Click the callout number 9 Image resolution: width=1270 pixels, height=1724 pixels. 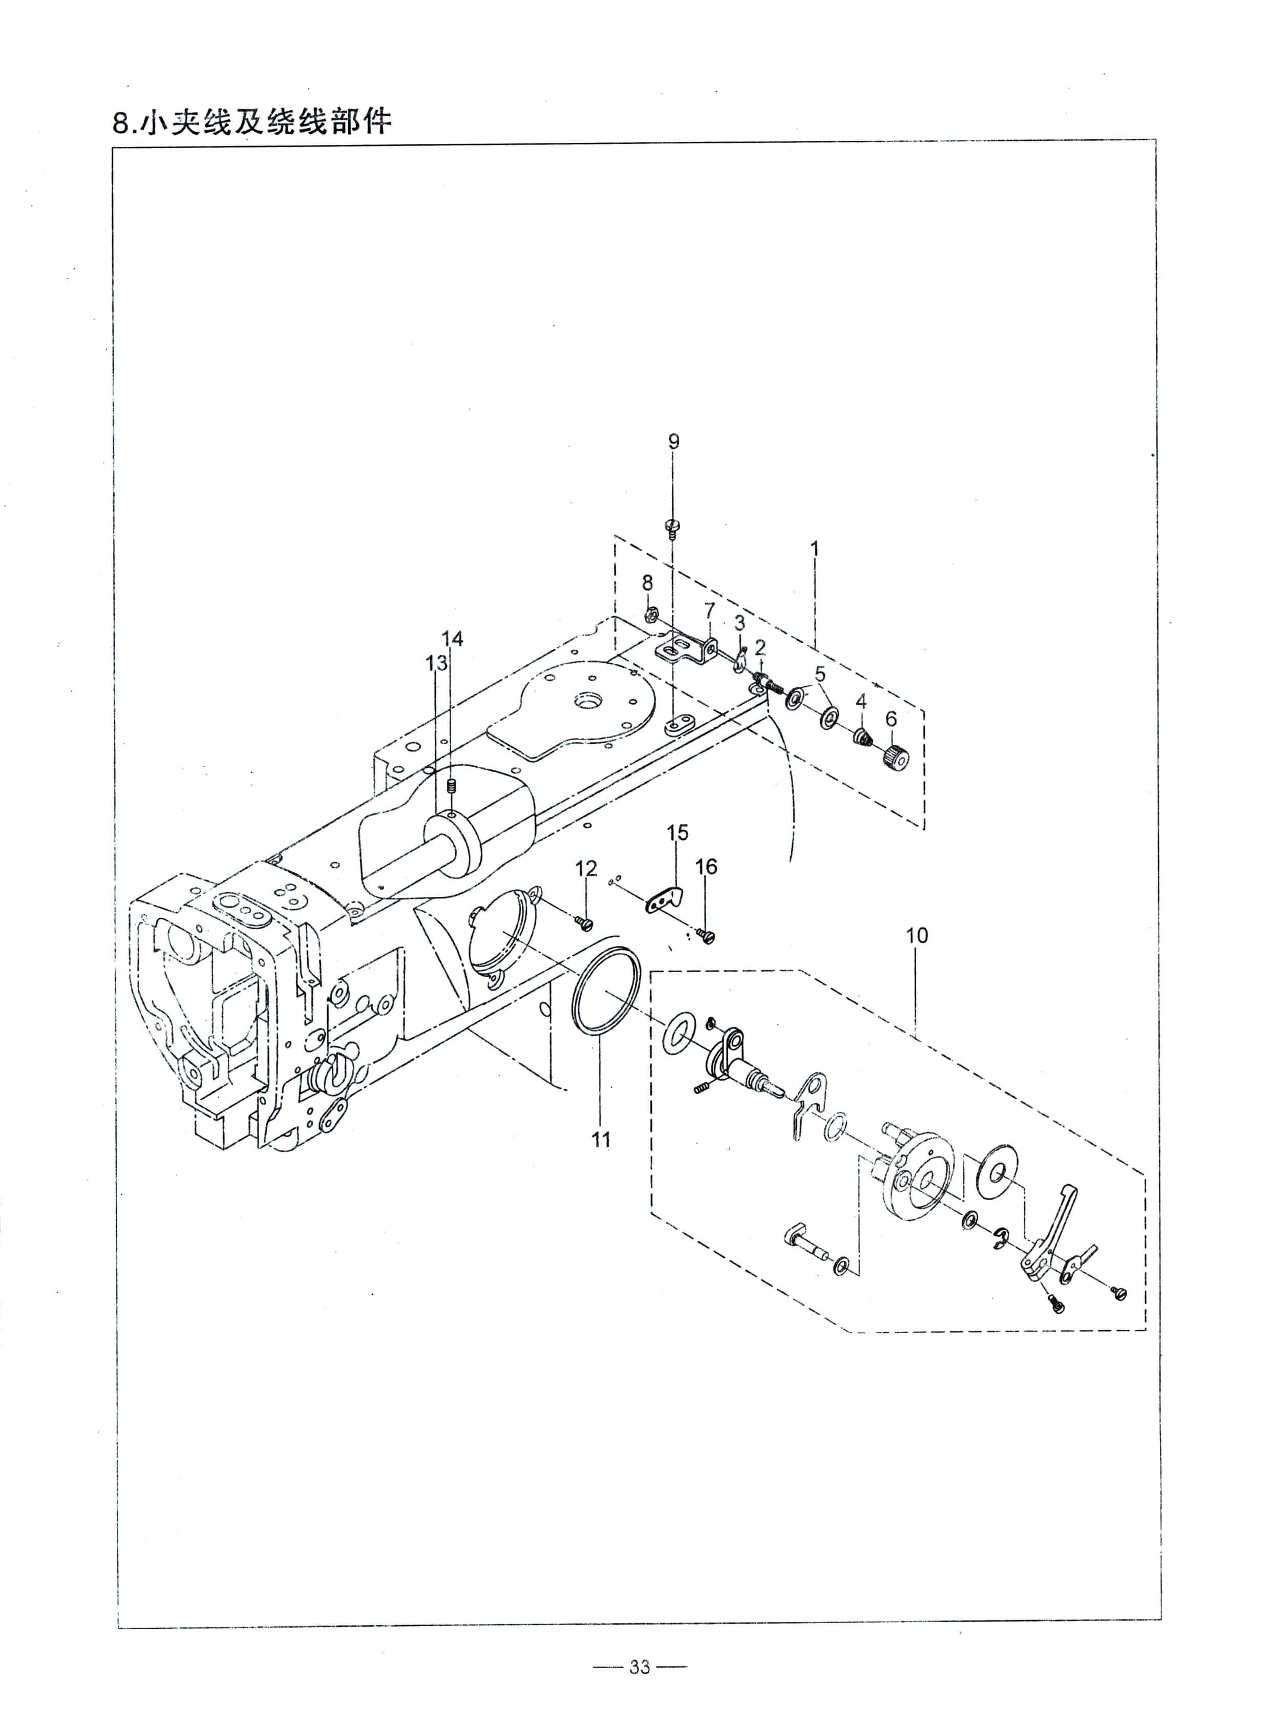point(673,441)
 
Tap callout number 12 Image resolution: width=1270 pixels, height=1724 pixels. point(586,869)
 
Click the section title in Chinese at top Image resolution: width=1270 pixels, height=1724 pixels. point(252,121)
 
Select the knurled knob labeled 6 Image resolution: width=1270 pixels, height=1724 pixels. point(896,758)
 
